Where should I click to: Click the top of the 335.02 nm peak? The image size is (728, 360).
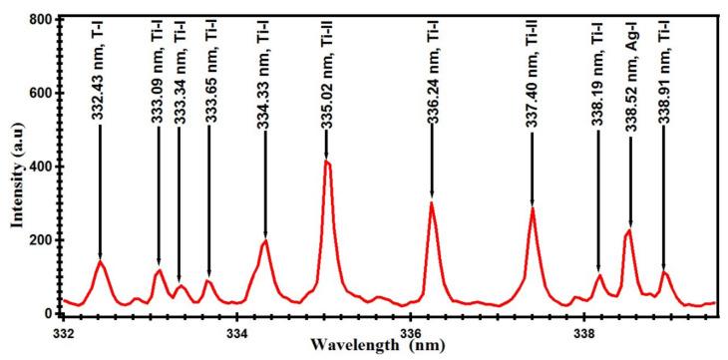tap(326, 162)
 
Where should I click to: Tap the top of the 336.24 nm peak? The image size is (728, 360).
tap(432, 203)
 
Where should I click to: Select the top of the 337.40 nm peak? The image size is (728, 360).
tap(533, 208)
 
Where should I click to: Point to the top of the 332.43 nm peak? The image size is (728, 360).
tap(101, 261)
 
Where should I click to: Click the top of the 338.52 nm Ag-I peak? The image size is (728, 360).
tap(629, 231)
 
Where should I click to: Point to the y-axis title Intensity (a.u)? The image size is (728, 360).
tap(17, 168)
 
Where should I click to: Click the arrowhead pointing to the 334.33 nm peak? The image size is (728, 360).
tap(265, 235)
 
